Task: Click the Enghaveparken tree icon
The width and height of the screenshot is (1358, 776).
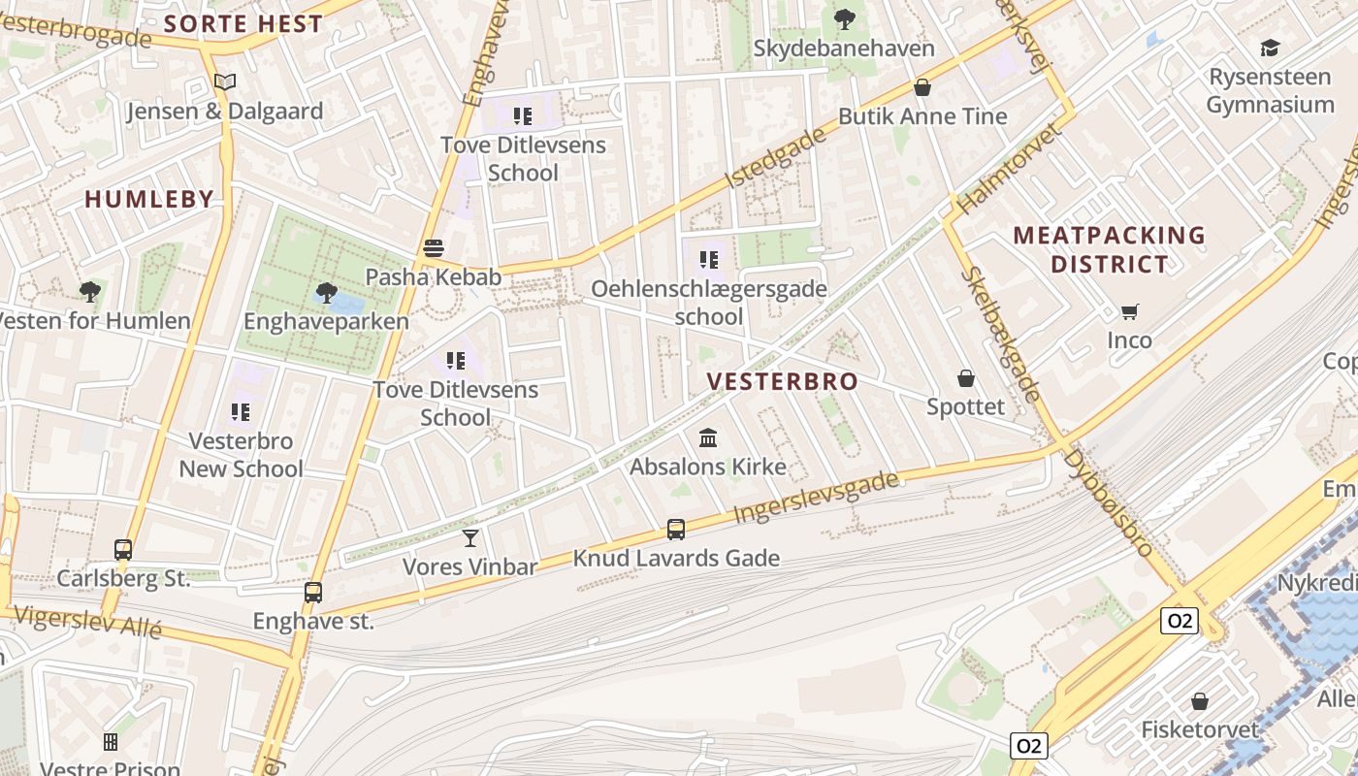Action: pos(327,291)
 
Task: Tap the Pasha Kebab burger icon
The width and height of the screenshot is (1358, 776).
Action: pos(434,248)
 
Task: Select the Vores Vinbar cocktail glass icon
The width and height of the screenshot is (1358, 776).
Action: pos(470,537)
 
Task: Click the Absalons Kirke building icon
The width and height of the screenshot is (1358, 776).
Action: pos(708,438)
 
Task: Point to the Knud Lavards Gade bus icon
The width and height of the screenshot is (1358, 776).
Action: pos(676,530)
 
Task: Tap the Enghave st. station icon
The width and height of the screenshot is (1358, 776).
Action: pos(313,592)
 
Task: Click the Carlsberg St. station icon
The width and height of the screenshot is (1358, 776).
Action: pos(123,550)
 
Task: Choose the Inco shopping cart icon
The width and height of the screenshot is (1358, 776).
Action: pos(1129,311)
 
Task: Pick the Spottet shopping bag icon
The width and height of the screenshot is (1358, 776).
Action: pos(966,377)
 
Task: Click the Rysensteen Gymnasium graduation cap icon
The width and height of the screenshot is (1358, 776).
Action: pos(1270,48)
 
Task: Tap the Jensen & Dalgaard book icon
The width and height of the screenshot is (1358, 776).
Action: pos(225,82)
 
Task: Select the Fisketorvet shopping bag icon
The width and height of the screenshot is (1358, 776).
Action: pos(1200,700)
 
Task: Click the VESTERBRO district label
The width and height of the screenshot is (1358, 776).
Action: pos(783,381)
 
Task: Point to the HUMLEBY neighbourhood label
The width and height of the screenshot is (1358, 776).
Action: pos(149,200)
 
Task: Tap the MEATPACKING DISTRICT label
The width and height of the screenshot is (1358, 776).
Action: pos(1109,249)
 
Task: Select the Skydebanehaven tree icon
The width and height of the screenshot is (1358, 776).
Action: pos(845,18)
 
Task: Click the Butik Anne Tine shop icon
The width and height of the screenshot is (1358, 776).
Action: pos(922,87)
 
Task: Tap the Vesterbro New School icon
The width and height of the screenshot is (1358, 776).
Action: pos(242,412)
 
